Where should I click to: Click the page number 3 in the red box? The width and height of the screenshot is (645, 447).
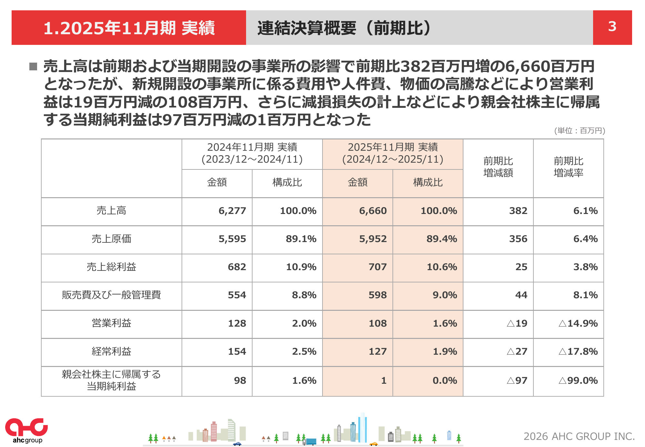(612, 27)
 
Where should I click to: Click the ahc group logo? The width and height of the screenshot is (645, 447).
(26, 430)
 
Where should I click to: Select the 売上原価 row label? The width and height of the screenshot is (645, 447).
(111, 239)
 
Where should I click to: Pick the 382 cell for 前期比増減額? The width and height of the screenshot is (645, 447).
(518, 211)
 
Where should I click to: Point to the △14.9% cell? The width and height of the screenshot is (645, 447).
(578, 323)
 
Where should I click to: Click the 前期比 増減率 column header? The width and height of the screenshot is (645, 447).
(568, 167)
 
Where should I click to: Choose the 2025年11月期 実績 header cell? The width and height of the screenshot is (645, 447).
(392, 153)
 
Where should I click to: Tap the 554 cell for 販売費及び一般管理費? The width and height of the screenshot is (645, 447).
(237, 295)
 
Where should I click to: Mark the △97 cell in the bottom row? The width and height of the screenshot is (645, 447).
(517, 381)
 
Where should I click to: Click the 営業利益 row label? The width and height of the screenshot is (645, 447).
(111, 323)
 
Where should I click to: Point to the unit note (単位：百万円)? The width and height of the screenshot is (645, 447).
(580, 130)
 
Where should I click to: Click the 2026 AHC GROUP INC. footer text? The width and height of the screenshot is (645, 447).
(579, 436)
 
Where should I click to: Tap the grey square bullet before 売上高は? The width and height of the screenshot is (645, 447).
(33, 66)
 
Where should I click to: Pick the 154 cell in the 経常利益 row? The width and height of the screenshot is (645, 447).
(237, 351)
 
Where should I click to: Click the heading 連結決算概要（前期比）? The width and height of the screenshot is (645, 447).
(344, 28)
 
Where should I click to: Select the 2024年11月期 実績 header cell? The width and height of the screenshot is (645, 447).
(252, 153)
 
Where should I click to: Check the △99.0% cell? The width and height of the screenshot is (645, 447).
(578, 381)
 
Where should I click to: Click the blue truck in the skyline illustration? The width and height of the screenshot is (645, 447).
(311, 442)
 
